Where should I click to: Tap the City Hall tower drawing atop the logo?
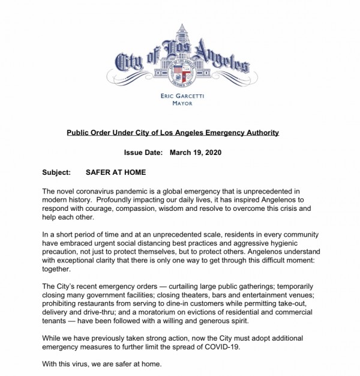(180, 39)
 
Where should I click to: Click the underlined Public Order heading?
(172, 132)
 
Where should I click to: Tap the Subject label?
(56, 172)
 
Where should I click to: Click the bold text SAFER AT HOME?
(116, 172)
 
